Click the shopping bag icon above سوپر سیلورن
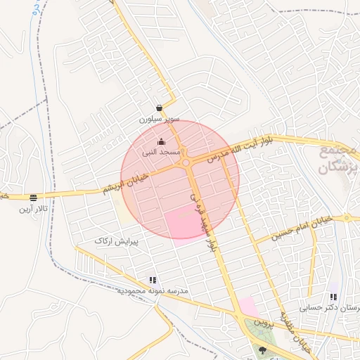click(160, 108)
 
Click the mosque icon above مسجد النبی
click(162, 141)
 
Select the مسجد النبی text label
click(162, 152)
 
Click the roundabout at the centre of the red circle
click(186, 164)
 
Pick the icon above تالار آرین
click(34, 198)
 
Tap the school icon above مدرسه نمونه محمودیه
click(153, 280)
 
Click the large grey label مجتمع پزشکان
click(337, 160)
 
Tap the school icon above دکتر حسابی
click(333, 297)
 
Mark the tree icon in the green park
click(264, 349)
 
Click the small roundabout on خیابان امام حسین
click(347, 218)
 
